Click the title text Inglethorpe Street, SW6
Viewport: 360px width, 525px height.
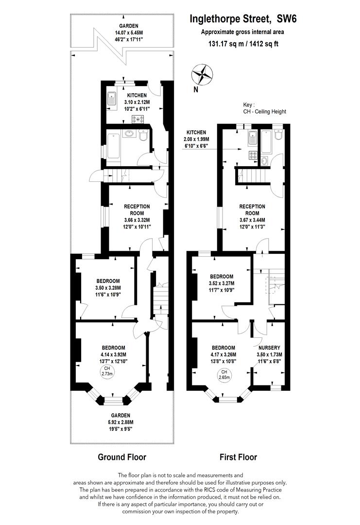click(x=236, y=19)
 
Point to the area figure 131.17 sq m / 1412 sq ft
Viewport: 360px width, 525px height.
click(x=236, y=43)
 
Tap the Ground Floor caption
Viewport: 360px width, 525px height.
click(x=122, y=457)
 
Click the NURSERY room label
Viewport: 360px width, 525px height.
click(x=270, y=348)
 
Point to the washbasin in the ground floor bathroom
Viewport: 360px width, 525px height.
click(x=130, y=134)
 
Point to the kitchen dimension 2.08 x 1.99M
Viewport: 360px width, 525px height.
click(x=196, y=140)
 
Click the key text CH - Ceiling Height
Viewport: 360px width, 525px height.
click(x=264, y=111)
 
